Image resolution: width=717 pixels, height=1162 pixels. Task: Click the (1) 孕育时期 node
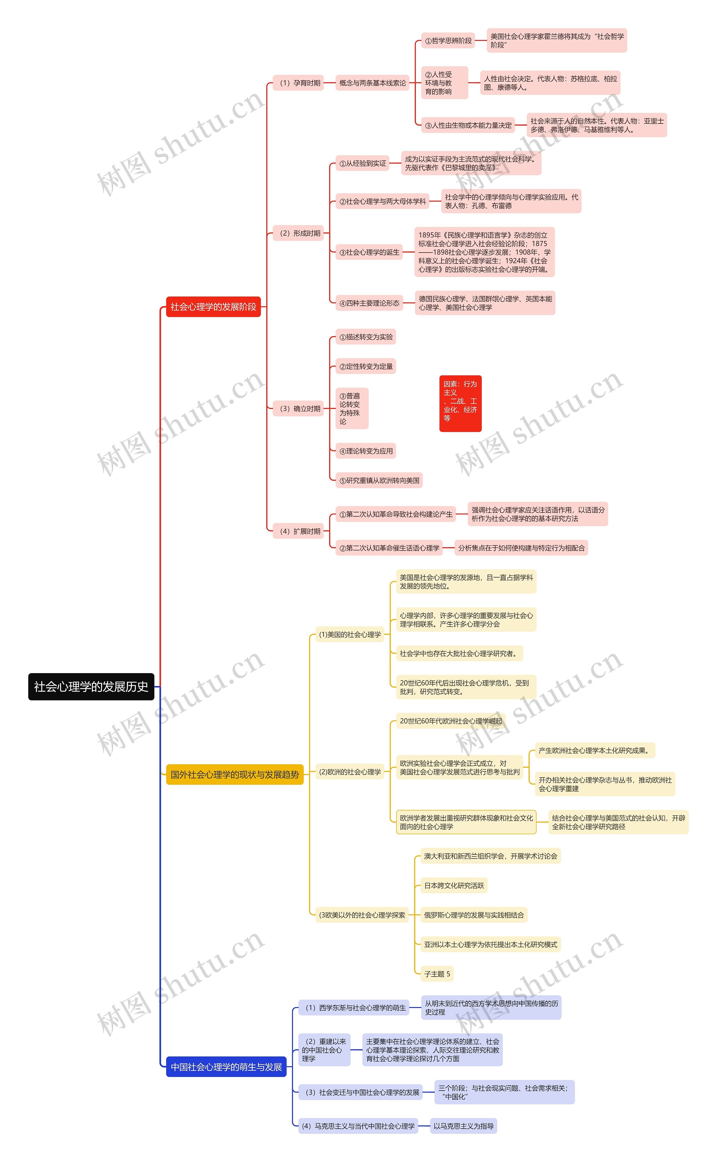pos(298,83)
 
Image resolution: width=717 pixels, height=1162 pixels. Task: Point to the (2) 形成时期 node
pos(298,233)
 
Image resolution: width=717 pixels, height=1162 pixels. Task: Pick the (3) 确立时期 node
pos(298,409)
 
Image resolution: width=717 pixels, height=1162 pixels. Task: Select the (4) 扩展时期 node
pos(298,531)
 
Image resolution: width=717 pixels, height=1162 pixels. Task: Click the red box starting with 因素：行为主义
pos(460,403)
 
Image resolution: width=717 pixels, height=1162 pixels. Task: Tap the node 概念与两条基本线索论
pos(372,83)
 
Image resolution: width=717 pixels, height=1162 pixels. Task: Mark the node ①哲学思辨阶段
pos(448,41)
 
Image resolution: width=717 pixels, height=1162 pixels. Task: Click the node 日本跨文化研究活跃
pos(454,886)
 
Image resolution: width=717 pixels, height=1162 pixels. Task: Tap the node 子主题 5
pos(437,974)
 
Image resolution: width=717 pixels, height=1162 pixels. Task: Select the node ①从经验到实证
pos(362,164)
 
